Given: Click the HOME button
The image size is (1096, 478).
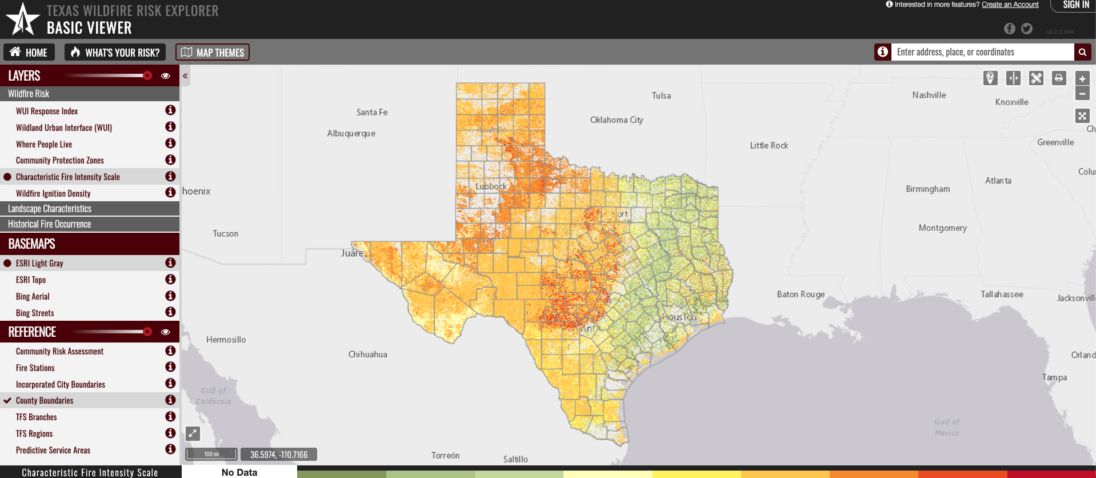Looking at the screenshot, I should pyautogui.click(x=29, y=53).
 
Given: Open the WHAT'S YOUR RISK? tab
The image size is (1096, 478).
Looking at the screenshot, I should pyautogui.click(x=115, y=53).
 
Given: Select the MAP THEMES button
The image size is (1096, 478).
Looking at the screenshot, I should pyautogui.click(x=213, y=53).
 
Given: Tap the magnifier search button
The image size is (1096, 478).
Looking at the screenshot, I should pyautogui.click(x=1082, y=52).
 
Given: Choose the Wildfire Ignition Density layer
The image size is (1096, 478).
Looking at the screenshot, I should pyautogui.click(x=53, y=193).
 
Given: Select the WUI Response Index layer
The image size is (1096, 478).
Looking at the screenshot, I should pyautogui.click(x=47, y=111).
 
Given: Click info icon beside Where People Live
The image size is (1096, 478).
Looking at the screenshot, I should pyautogui.click(x=170, y=144).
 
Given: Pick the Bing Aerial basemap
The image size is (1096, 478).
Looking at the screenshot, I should pyautogui.click(x=33, y=296).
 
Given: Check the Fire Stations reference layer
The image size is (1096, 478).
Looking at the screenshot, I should pyautogui.click(x=35, y=368).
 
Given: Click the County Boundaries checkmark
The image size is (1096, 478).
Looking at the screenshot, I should pyautogui.click(x=7, y=400).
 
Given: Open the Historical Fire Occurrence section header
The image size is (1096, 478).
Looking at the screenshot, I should pyautogui.click(x=50, y=224).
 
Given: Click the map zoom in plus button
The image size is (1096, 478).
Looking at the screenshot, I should pyautogui.click(x=1082, y=79).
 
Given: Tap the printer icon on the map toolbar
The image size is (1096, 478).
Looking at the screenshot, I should pyautogui.click(x=1059, y=78).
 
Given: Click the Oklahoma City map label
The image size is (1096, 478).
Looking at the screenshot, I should pyautogui.click(x=617, y=120).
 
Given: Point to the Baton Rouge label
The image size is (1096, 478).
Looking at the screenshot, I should pyautogui.click(x=801, y=294).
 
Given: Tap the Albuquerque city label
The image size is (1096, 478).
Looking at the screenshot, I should pyautogui.click(x=351, y=133).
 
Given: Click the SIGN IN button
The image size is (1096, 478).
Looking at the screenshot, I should pyautogui.click(x=1075, y=5).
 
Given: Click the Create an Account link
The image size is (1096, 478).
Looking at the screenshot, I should pyautogui.click(x=1010, y=5).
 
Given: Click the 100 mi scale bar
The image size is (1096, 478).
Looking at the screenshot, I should pyautogui.click(x=211, y=454).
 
